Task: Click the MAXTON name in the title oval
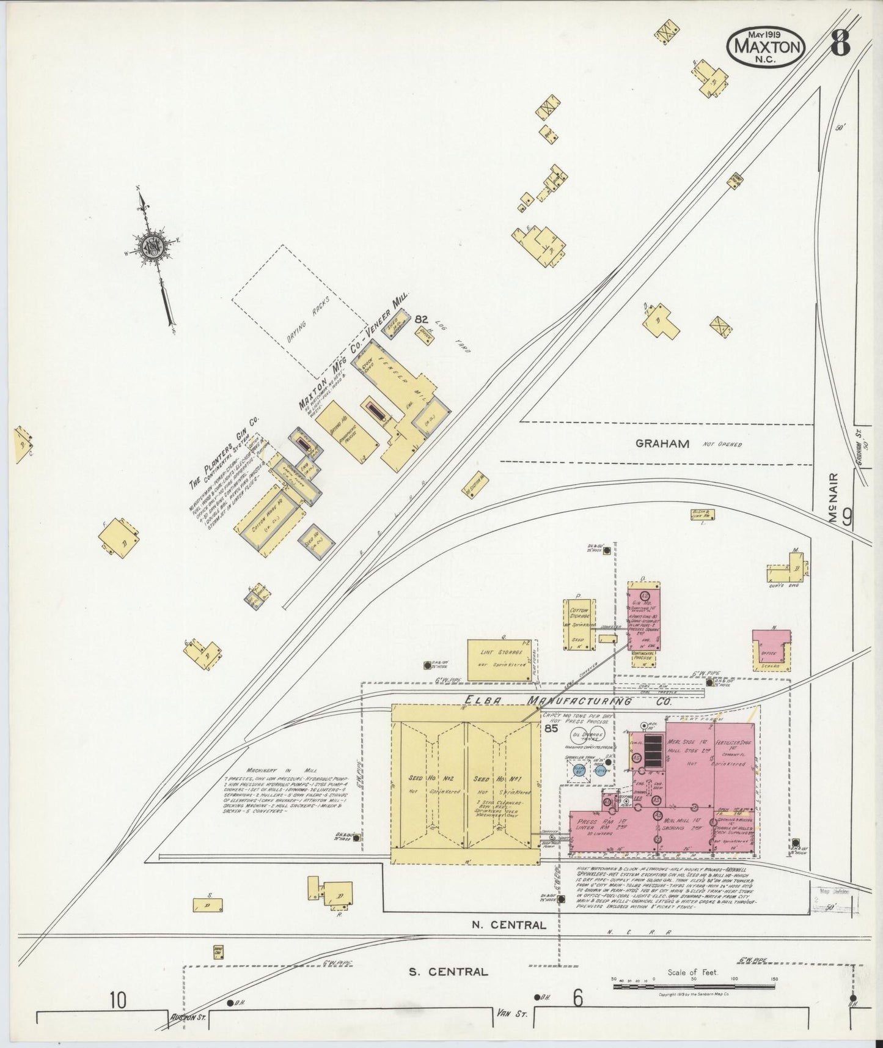tap(766, 46)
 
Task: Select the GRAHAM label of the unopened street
tap(662, 444)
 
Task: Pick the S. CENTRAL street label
tap(449, 971)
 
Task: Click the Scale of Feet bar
tap(694, 986)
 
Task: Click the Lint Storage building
tap(499, 660)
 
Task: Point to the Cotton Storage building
tap(578, 624)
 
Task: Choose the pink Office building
tap(772, 650)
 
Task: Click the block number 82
tap(421, 319)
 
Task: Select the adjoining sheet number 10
tap(118, 1001)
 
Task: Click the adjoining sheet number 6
tap(577, 998)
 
